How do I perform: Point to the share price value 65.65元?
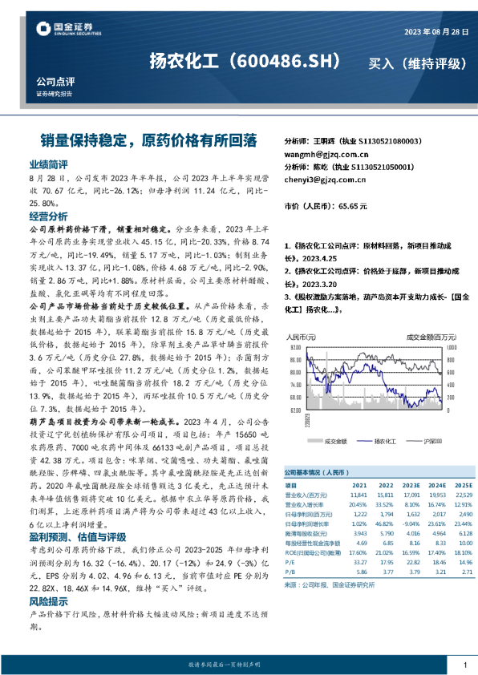(351, 206)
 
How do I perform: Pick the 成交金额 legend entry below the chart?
(336, 442)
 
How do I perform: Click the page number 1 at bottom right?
(465, 665)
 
